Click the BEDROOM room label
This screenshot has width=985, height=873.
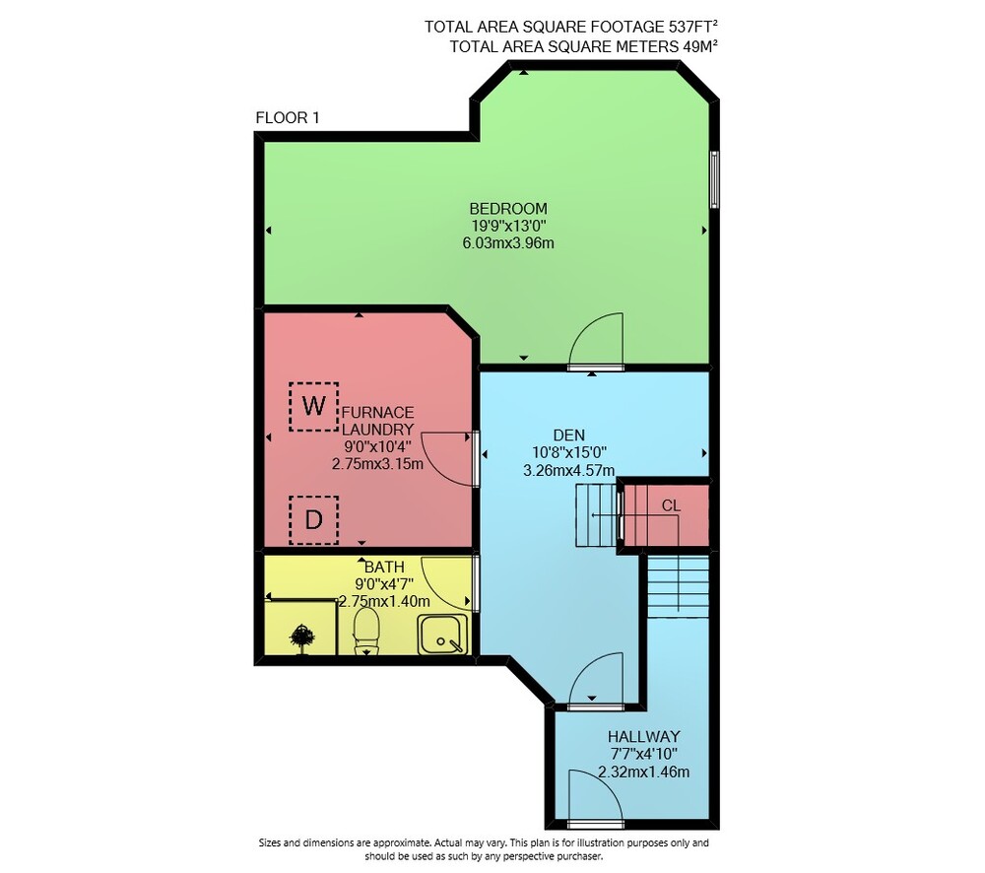tap(508, 208)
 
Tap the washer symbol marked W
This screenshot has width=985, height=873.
tap(313, 406)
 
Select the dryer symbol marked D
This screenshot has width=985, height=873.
tap(313, 520)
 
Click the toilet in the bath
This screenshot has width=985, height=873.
tap(366, 631)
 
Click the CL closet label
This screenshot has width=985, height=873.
tap(671, 505)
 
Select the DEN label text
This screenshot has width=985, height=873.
tap(569, 435)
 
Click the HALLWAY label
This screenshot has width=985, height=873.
tap(644, 736)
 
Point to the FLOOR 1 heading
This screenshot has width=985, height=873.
tap(288, 117)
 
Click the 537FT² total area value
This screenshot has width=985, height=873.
tap(692, 27)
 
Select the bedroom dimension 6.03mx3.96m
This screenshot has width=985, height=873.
tap(508, 243)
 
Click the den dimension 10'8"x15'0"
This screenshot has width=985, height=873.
tap(569, 452)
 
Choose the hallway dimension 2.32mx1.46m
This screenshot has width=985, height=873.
tap(644, 772)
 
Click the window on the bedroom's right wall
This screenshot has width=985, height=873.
tap(714, 179)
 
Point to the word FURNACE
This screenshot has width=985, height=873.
tap(377, 412)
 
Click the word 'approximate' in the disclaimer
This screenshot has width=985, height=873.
tap(402, 842)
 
